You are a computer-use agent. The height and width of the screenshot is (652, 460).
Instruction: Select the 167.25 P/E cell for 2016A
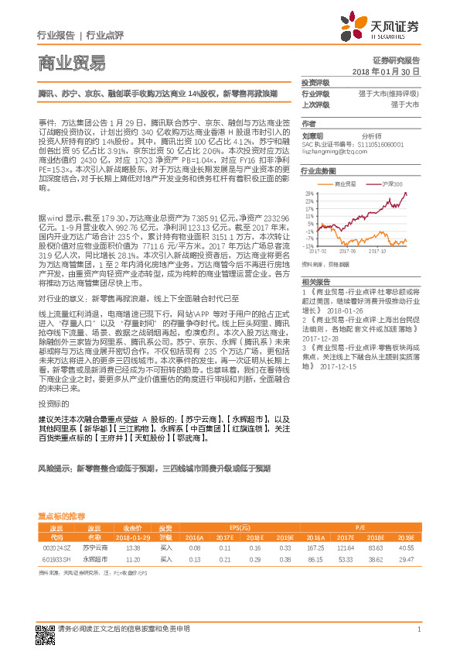click(x=315, y=547)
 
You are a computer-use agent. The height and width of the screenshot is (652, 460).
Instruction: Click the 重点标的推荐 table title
click(x=67, y=515)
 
